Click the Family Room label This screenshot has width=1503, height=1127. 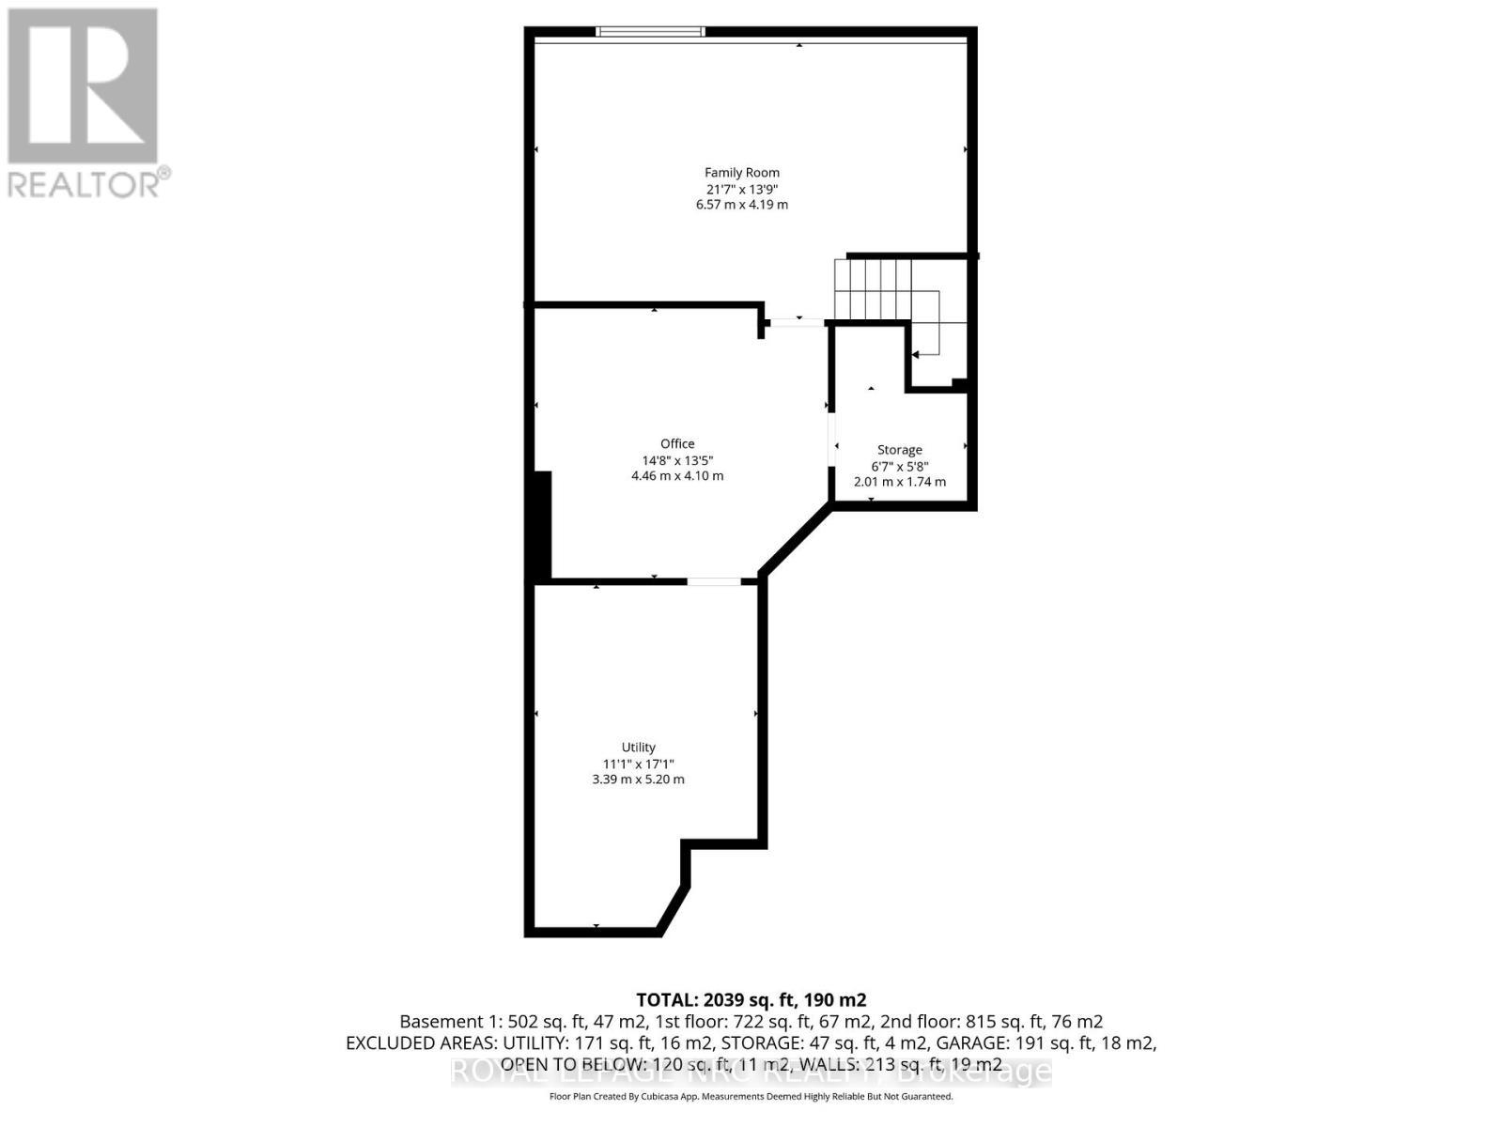tap(742, 173)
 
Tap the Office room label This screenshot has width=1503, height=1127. tap(677, 444)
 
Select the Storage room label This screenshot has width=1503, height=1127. tap(899, 450)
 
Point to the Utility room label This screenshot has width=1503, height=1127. tap(638, 748)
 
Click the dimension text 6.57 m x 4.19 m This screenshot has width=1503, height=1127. tap(742, 205)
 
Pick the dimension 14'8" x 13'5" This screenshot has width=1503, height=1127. tap(677, 460)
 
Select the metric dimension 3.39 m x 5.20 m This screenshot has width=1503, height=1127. tap(638, 780)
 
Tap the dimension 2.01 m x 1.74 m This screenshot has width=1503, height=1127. tap(899, 482)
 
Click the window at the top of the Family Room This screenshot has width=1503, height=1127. tap(650, 32)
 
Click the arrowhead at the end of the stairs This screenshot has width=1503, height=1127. tap(916, 355)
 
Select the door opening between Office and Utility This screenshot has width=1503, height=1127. tap(714, 582)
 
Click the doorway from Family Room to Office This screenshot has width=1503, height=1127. tap(797, 323)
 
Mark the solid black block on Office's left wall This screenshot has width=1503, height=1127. tap(542, 526)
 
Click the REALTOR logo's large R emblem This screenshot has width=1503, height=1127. tap(83, 86)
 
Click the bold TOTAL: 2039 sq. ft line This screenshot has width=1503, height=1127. tap(751, 999)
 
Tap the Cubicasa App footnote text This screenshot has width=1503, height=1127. tap(751, 1096)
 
